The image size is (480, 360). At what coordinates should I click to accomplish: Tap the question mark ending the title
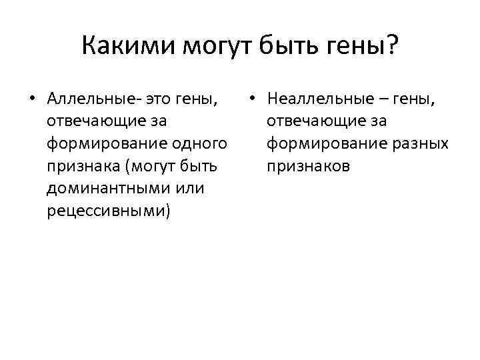click(391, 47)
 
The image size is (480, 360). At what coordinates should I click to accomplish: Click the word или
click(191, 189)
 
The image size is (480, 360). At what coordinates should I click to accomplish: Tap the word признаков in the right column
click(308, 166)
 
